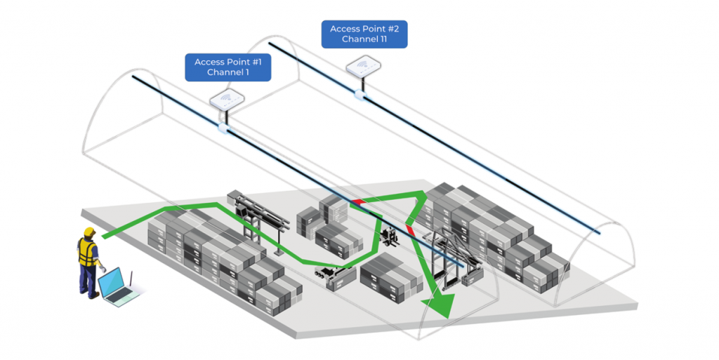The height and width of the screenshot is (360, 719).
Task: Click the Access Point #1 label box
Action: (228, 67)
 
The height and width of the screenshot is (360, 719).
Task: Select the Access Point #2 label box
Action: (364, 34)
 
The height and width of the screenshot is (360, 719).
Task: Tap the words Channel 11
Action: (364, 39)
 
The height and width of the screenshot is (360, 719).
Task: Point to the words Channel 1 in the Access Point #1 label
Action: (228, 72)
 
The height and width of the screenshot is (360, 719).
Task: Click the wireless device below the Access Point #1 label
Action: (227, 100)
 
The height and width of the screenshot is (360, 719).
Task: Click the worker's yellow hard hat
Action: (89, 232)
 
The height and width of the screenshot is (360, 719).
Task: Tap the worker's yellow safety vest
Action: (87, 252)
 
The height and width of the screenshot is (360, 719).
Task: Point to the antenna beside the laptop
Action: (130, 280)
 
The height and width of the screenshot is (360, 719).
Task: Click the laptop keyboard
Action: (121, 297)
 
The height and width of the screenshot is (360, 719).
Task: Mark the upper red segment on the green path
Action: (359, 202)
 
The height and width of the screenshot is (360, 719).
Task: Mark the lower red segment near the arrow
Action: (410, 230)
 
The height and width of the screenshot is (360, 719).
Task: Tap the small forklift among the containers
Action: (390, 235)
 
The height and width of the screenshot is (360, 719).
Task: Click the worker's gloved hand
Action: (103, 269)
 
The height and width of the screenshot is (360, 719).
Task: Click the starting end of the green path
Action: (104, 236)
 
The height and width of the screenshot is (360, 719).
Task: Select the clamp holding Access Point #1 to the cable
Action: (224, 128)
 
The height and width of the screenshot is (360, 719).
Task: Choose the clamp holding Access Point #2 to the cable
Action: (360, 94)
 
